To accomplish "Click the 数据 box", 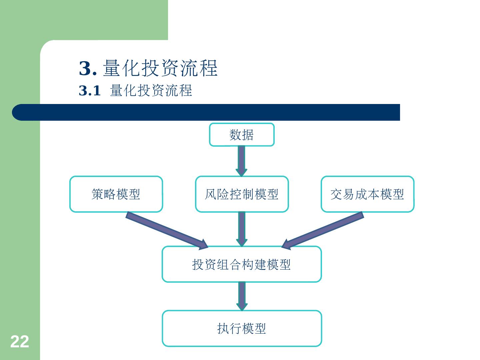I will click(x=242, y=135).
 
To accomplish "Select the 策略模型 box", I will click(x=116, y=194).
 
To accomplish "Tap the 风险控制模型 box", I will click(x=242, y=194).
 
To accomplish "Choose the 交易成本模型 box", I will click(x=367, y=194).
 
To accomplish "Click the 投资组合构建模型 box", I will click(x=242, y=264).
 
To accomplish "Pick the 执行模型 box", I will click(x=242, y=328).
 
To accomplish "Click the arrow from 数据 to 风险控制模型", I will click(x=242, y=161).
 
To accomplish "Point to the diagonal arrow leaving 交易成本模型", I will click(x=323, y=231).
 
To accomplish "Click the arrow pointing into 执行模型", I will click(x=242, y=296).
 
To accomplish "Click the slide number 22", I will click(x=20, y=342).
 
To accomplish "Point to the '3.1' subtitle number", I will click(x=89, y=91).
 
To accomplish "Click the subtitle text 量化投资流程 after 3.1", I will click(x=151, y=91).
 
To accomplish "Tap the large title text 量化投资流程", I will click(x=160, y=68).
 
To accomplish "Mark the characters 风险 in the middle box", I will click(x=217, y=194).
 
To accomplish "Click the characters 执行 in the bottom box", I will click(x=229, y=328).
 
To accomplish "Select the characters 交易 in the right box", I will click(x=342, y=194).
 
